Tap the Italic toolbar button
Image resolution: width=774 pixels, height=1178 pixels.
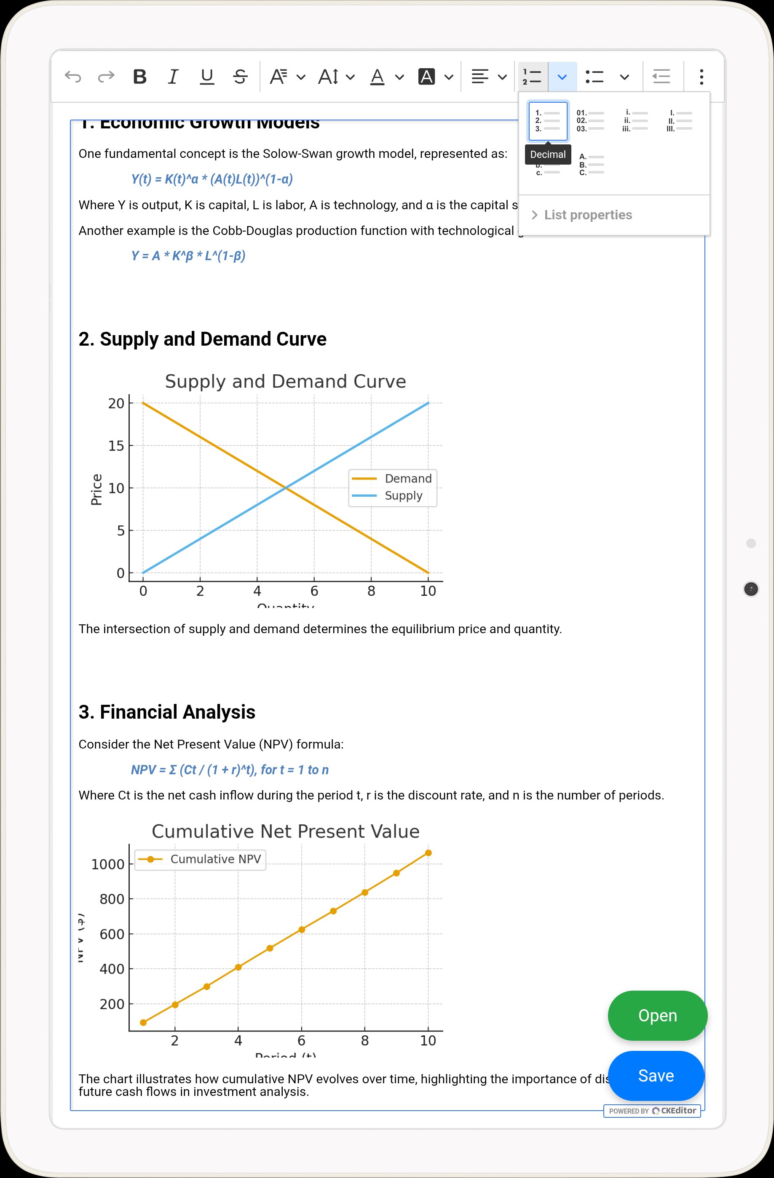(x=173, y=77)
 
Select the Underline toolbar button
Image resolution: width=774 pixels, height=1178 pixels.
(x=206, y=77)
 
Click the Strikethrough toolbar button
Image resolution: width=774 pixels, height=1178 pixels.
(x=240, y=77)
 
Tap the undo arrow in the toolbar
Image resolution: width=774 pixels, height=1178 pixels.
(x=73, y=77)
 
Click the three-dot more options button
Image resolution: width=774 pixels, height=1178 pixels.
(x=701, y=77)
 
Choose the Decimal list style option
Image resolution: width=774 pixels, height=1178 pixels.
(x=548, y=121)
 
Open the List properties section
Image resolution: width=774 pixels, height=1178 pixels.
(x=587, y=215)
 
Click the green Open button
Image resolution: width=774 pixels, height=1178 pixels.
(x=657, y=1015)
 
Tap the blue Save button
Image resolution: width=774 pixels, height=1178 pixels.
(x=656, y=1076)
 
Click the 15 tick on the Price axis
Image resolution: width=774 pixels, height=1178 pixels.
(x=116, y=445)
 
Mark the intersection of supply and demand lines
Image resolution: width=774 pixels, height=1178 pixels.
(x=286, y=488)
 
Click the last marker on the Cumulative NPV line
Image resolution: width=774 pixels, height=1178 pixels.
(x=429, y=853)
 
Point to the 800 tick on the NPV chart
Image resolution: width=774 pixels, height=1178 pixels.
(x=112, y=899)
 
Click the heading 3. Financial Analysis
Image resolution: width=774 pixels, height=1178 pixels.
(x=167, y=712)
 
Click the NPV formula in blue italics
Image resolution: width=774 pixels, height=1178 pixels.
(x=230, y=770)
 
